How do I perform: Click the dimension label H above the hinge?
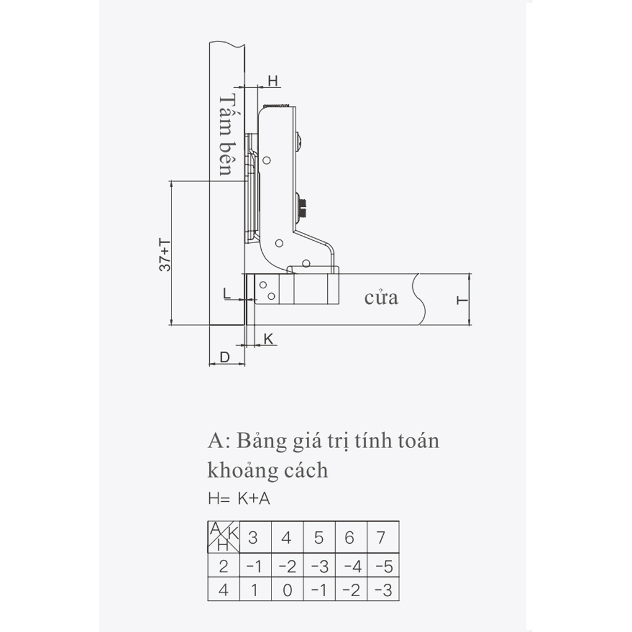[273, 81]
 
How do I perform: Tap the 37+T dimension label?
[165, 255]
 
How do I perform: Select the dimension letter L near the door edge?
[227, 293]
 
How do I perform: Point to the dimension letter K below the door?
[268, 339]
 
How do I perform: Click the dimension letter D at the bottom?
[225, 357]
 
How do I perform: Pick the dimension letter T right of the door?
[462, 301]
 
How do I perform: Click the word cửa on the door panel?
[381, 298]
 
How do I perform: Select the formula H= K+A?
[239, 499]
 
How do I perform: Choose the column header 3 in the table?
[252, 538]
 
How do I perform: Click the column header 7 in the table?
[381, 538]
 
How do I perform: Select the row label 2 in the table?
[223, 567]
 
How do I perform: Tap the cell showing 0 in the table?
[287, 591]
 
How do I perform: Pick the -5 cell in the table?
[384, 567]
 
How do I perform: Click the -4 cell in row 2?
[352, 567]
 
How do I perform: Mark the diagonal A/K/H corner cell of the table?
[223, 537]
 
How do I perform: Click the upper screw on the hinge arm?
[300, 141]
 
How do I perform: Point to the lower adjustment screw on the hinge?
[301, 206]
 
